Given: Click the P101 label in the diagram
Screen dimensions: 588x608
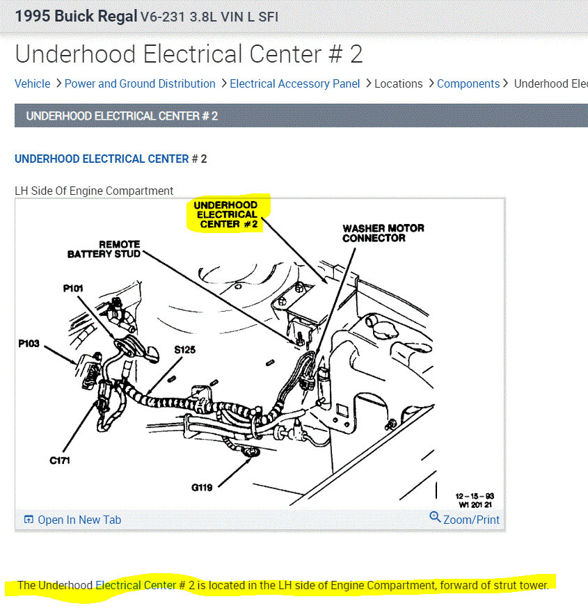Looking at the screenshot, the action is point(73,288).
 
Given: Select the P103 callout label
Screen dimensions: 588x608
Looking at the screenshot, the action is point(29,344).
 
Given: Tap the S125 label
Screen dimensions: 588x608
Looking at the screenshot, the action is point(184,350).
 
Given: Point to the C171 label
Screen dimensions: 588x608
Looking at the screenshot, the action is point(60,461).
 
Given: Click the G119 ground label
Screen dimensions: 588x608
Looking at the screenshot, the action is point(202,488).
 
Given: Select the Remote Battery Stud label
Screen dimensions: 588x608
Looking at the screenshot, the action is point(104,249).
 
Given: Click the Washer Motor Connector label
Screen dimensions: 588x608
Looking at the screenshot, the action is point(383,233).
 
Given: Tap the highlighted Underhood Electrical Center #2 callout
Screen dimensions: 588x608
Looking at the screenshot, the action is point(225,214).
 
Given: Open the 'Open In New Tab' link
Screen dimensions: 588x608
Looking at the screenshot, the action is point(72,520).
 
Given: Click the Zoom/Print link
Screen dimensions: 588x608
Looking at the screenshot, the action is point(465,519).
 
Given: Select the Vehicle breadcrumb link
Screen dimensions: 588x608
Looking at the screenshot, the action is point(33,83).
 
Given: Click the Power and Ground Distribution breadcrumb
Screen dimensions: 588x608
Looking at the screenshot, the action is point(140,83).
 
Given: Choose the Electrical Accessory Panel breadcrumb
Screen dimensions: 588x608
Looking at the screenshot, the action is point(295,83).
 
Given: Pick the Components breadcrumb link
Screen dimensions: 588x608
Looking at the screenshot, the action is point(468,83).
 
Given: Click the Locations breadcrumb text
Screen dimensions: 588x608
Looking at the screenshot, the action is point(398,83).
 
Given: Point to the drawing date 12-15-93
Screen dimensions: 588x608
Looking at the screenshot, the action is point(475,496).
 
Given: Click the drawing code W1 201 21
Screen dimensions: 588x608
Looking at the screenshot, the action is point(475,504).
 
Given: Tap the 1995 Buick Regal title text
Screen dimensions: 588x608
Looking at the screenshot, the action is point(76,16).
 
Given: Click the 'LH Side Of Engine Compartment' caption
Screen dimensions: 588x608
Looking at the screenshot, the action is point(94,191).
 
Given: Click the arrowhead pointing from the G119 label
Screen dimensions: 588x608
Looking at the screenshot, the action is point(251,458).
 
